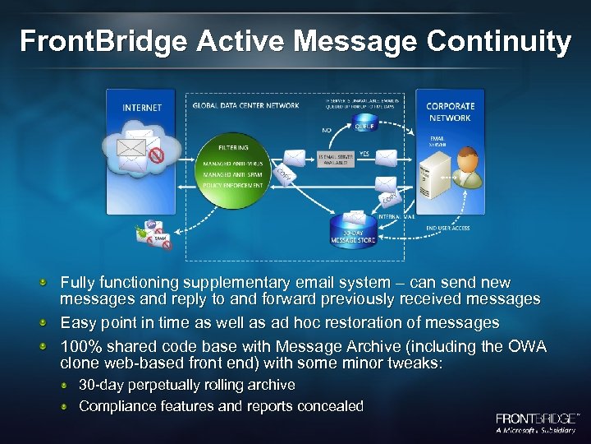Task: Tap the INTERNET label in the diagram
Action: [142, 108]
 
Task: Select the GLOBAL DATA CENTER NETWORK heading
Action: [234, 105]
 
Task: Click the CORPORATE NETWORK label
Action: [449, 112]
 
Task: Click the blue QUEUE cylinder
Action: [363, 124]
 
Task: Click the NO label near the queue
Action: [326, 128]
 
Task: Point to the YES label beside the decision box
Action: [364, 153]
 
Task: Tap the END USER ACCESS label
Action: [448, 228]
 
